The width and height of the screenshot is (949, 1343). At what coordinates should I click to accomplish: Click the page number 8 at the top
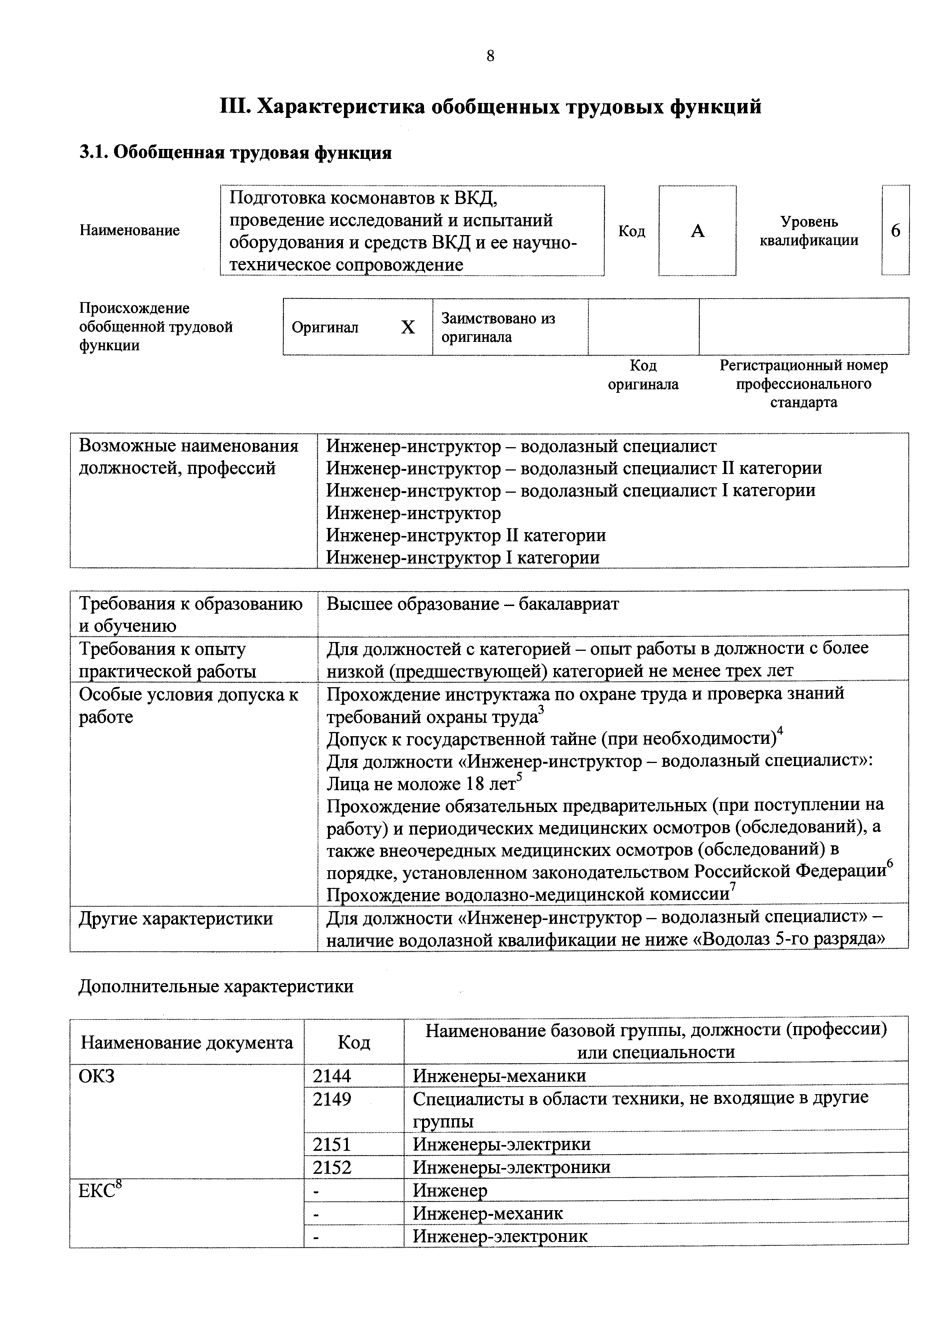[490, 56]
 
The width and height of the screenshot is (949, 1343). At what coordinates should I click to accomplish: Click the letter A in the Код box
[697, 232]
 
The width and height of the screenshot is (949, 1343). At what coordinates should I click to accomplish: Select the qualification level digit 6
[895, 231]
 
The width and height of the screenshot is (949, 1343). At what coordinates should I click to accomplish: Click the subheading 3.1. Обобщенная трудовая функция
[235, 153]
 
